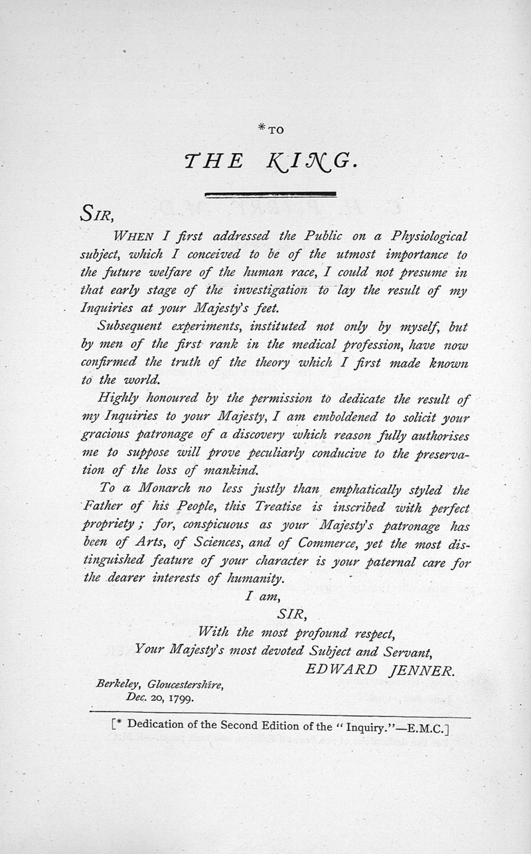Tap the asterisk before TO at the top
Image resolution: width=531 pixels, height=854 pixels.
pos(262,129)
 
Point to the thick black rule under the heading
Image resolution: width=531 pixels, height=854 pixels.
pos(270,193)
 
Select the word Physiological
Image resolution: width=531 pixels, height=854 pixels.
pos(429,236)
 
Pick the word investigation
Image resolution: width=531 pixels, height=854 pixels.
pos(265,290)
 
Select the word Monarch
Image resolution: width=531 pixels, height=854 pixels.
pos(165,490)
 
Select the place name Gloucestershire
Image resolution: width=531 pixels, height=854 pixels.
pos(186,684)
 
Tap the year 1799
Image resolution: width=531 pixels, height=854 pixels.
pos(181,698)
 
